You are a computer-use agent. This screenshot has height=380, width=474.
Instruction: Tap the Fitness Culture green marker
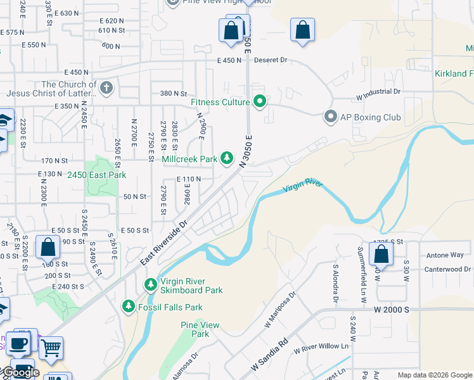(x=259, y=101)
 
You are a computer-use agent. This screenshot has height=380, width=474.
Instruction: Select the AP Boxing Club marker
(x=330, y=117)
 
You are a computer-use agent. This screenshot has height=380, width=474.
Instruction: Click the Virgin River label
(x=303, y=186)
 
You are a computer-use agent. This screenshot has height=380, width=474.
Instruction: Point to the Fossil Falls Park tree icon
(x=129, y=307)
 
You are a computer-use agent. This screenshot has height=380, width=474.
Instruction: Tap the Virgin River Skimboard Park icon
(x=151, y=284)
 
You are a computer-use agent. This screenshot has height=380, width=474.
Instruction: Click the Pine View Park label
(x=200, y=329)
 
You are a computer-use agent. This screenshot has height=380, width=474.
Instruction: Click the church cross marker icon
(x=107, y=88)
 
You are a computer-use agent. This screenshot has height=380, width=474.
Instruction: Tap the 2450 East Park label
(x=97, y=175)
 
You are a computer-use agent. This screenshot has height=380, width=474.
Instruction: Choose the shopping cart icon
(x=51, y=346)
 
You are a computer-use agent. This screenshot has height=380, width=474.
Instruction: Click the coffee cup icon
(x=18, y=343)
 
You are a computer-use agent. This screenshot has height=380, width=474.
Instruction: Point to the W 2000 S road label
(x=392, y=310)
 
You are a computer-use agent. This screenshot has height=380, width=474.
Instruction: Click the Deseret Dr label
(x=271, y=60)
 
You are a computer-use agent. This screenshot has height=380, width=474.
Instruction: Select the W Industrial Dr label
(x=379, y=91)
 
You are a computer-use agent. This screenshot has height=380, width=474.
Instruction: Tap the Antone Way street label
(x=445, y=255)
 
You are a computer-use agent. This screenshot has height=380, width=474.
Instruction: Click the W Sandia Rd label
(x=269, y=353)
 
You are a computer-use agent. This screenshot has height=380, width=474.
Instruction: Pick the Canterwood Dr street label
(x=449, y=269)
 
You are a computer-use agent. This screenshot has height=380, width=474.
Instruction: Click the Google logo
(x=20, y=372)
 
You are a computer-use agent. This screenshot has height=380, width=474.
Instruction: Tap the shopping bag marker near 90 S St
(x=48, y=247)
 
